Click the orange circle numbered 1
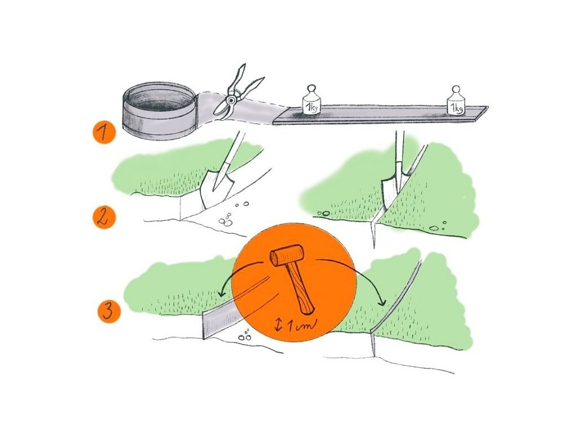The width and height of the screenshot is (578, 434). coord(104,132)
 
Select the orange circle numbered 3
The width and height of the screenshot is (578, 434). coord(109,311)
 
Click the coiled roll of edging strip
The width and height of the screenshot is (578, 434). coord(159,112)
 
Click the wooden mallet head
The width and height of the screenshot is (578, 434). coord(287,256)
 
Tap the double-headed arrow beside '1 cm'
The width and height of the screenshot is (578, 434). coord(279,324)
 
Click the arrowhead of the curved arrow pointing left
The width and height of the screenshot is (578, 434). coord(221,294)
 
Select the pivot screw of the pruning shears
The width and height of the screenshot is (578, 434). coord(231,100)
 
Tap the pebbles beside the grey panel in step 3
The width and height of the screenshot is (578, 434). coord(245,336)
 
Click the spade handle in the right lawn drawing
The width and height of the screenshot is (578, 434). coord(399,154)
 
